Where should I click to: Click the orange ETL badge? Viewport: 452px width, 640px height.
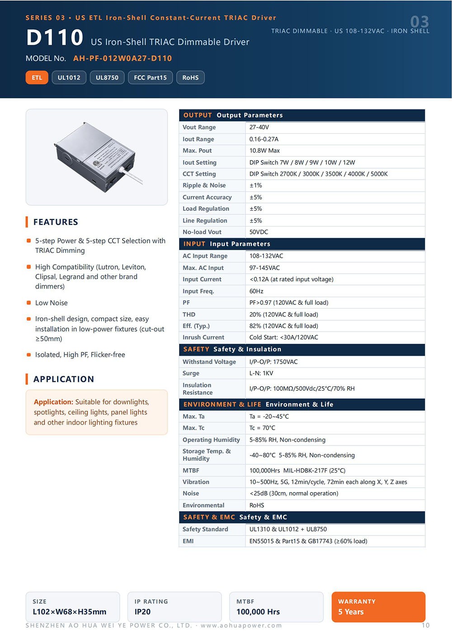37,77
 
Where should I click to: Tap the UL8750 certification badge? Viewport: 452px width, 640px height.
107,77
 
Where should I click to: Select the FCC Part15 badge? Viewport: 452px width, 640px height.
150,77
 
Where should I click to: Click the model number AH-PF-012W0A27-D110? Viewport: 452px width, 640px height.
122,58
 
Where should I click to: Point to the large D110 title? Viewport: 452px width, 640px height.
55,37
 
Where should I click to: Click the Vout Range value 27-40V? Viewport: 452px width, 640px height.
259,127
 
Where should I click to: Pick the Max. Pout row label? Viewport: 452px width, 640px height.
197,151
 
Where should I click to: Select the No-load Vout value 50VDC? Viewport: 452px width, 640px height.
259,232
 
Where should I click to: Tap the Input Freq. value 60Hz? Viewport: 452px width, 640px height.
256,291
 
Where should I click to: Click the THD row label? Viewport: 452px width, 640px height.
189,314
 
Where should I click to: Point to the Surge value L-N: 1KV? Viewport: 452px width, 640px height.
261,373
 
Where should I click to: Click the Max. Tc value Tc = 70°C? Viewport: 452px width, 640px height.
262,428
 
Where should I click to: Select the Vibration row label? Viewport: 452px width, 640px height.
196,482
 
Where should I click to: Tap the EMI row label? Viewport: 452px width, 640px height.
188,541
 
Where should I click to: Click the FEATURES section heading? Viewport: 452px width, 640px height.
56,222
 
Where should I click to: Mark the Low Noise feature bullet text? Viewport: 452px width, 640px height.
52,303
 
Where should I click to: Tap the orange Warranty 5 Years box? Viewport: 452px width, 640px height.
378,607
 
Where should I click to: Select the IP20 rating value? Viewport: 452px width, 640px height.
142,612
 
